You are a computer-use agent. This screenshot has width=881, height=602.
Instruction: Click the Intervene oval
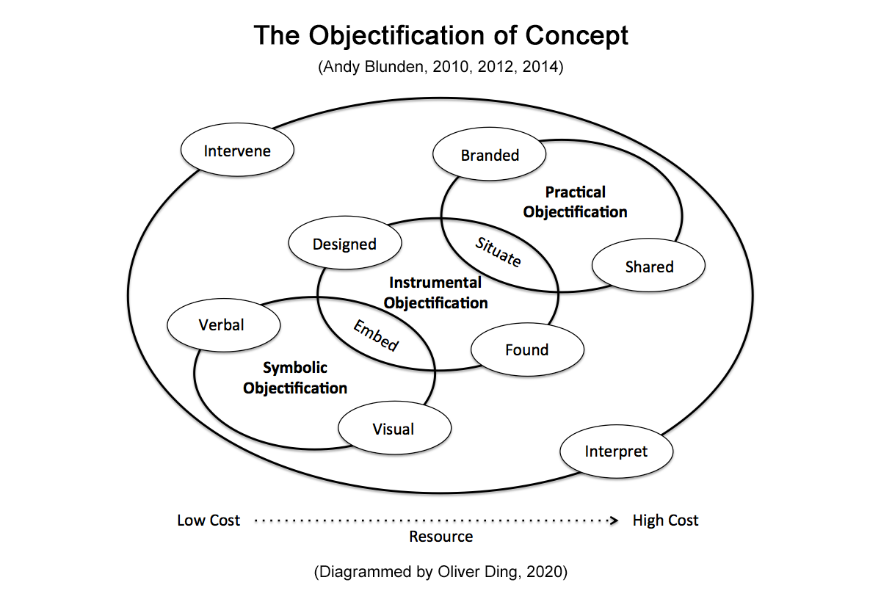(237, 150)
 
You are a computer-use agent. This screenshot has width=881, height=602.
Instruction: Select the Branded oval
(490, 155)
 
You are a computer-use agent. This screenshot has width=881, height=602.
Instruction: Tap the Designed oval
(344, 244)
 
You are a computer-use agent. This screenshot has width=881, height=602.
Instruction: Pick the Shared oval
(649, 266)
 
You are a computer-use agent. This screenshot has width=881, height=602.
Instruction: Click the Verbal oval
(222, 324)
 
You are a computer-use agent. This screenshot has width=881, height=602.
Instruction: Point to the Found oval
(527, 349)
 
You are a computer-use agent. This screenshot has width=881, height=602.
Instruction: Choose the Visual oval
(394, 429)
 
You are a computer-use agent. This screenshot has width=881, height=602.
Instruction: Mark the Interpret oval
(616, 451)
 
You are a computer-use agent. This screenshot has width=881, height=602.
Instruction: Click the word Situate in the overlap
(498, 252)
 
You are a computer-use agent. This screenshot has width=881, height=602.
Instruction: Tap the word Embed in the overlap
(377, 336)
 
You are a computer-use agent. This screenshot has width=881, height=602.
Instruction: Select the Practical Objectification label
(576, 202)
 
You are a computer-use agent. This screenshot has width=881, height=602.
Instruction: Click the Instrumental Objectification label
(436, 292)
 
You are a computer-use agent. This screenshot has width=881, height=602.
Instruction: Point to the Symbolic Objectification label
(295, 377)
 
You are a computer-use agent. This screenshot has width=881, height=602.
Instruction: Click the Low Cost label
(209, 521)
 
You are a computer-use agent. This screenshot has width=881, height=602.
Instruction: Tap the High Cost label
(665, 521)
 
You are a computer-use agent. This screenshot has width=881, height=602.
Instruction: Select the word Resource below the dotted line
(440, 537)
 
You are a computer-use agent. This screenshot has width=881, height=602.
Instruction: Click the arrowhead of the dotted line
(614, 521)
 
